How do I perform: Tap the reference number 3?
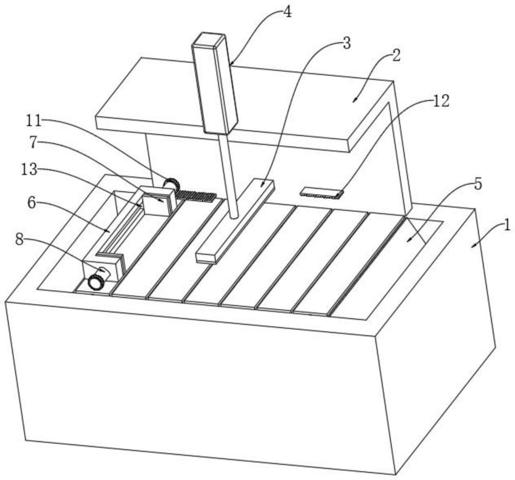click(347, 44)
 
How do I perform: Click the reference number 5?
click(478, 185)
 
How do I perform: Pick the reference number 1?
click(507, 225)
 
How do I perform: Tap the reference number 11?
click(33, 121)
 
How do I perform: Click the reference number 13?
click(29, 170)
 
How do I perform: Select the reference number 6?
click(31, 203)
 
